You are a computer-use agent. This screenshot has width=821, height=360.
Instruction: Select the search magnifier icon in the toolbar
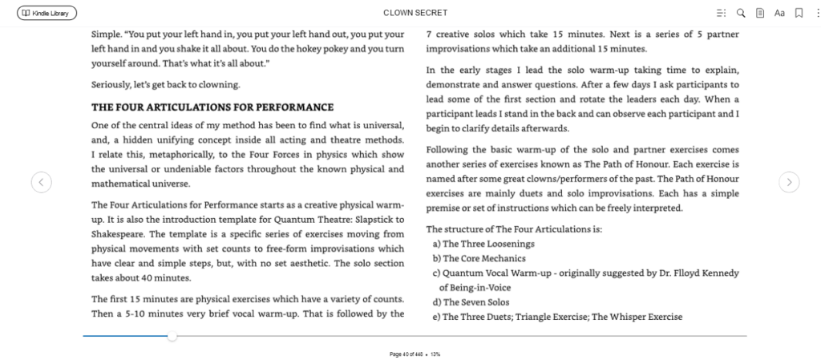741,13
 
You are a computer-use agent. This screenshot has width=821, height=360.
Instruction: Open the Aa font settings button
779,13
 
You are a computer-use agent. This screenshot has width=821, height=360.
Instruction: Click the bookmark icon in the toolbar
799,13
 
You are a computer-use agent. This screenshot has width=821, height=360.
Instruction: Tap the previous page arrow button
42,183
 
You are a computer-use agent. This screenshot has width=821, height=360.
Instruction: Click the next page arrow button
790,183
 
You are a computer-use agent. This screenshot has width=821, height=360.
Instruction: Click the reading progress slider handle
172,336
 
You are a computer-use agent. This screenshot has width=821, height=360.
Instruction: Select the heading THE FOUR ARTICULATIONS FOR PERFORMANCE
212,107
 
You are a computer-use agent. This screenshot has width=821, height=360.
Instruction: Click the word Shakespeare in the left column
119,233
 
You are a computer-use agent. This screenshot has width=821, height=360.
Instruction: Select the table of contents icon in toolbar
721,13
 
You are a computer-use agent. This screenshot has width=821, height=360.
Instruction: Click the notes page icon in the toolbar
760,13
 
